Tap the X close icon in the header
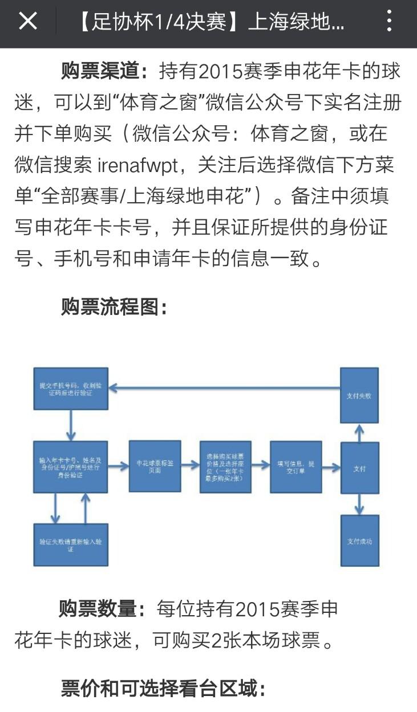tap(27, 22)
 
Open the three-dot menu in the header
tap(389, 22)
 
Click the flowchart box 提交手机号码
tap(70, 388)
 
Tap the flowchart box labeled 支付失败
tap(359, 395)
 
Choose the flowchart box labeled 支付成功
tap(359, 541)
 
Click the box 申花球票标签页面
tap(155, 466)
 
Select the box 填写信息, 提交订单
tap(295, 467)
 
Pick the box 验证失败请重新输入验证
tap(70, 544)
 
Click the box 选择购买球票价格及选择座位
tap(225, 467)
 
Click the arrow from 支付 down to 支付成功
tap(359, 504)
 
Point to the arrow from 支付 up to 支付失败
tap(359, 432)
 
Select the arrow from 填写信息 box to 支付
tap(331, 467)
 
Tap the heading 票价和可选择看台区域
tap(163, 689)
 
